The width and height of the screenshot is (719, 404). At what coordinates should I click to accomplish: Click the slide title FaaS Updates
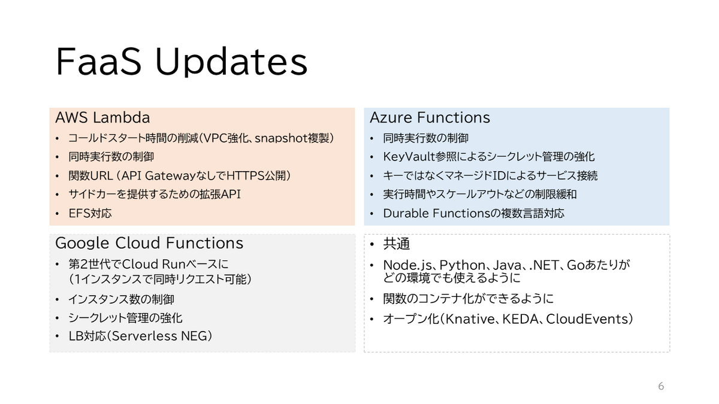[182, 62]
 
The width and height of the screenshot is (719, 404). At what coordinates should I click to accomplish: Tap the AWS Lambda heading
[102, 117]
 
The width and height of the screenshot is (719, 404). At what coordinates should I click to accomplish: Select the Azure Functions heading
[430, 117]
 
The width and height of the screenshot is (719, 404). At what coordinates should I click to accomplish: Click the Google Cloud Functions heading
[149, 243]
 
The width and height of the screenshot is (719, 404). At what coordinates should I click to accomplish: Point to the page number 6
[661, 386]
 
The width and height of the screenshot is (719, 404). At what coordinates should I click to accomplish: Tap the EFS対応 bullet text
[90, 213]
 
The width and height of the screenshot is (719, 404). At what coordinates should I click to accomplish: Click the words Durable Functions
[437, 213]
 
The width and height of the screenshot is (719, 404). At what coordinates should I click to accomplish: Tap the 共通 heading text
[397, 244]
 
